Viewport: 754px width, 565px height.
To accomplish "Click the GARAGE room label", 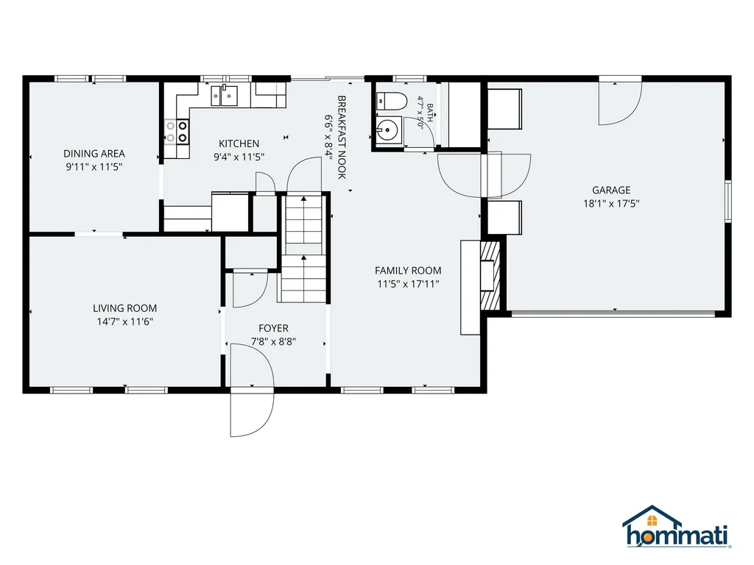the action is [611, 190].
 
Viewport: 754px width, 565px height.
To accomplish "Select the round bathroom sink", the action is [387, 129].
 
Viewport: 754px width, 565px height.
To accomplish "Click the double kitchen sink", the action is [224, 95].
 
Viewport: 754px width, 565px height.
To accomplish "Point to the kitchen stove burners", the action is [177, 132].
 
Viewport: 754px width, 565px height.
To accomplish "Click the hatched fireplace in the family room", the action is [490, 275].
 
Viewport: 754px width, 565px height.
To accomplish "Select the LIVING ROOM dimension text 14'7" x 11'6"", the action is [125, 321].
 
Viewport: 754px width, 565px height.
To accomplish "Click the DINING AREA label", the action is [94, 154].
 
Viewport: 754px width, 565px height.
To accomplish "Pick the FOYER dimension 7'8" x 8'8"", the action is [273, 341].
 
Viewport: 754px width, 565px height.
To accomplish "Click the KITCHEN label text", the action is [239, 143].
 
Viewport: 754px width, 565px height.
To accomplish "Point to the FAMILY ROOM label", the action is [408, 271].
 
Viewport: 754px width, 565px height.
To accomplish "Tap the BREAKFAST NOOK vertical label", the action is [342, 138].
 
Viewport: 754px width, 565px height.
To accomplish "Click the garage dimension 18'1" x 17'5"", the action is [611, 204].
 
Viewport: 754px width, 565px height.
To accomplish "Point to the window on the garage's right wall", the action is [728, 201].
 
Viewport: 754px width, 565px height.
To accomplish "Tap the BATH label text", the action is [429, 113].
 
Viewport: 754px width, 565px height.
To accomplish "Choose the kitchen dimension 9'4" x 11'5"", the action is [239, 157].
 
